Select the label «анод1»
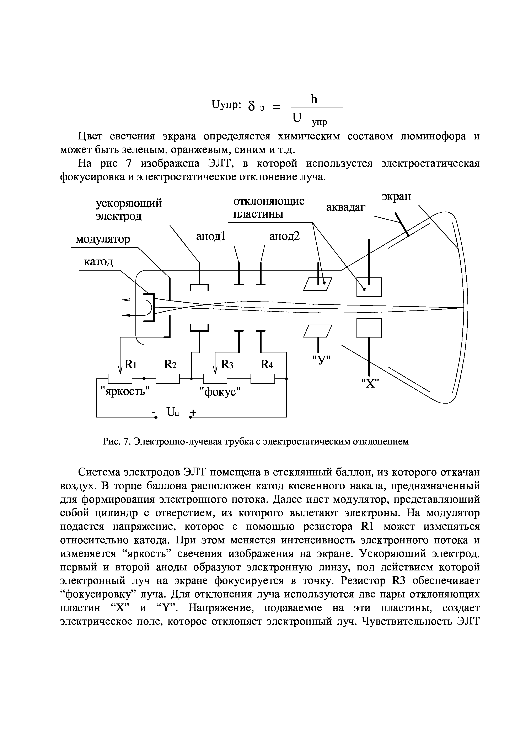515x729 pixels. [x=210, y=236]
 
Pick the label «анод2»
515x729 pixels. [x=284, y=236]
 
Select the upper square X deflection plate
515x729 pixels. [x=369, y=287]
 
